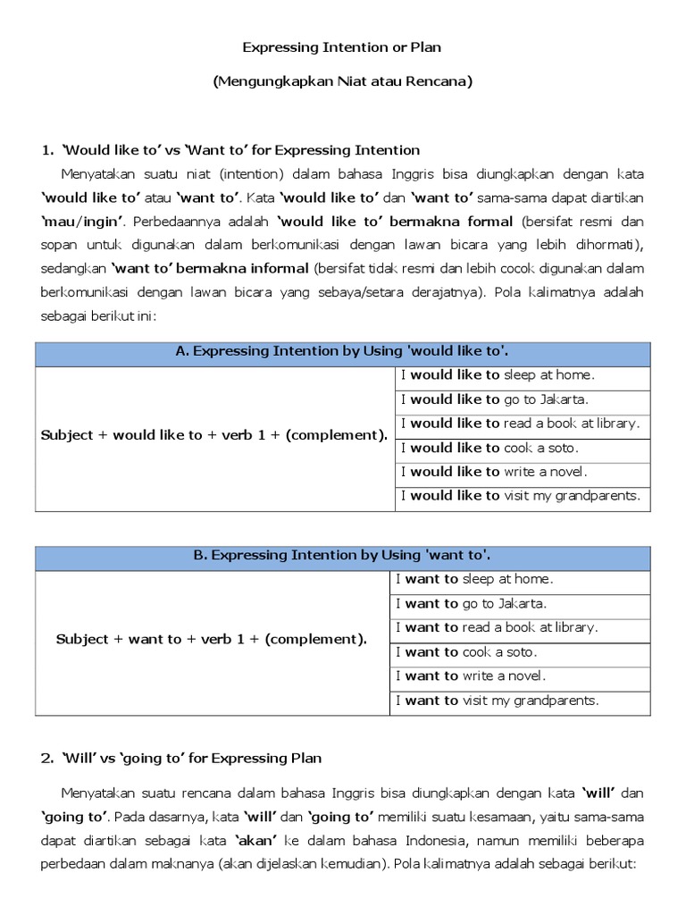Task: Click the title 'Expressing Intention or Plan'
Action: [343, 46]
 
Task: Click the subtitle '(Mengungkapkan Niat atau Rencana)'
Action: [343, 81]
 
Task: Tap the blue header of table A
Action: [343, 352]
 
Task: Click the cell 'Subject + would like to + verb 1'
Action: [214, 436]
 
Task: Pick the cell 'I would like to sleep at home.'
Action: [498, 375]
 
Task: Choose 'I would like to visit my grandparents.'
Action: [521, 496]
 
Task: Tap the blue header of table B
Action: [343, 556]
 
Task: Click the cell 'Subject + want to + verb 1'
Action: [212, 640]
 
